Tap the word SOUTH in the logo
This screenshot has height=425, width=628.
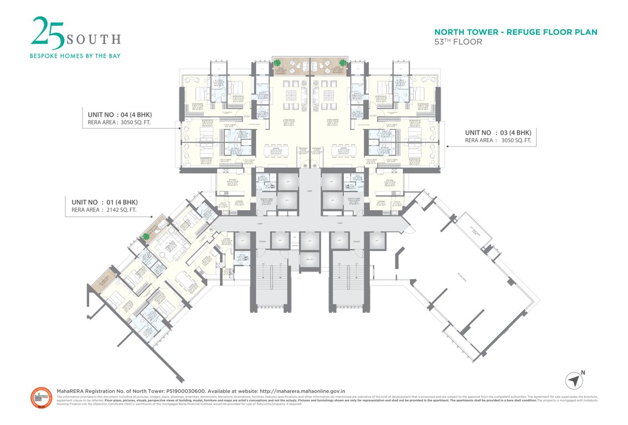point(93,39)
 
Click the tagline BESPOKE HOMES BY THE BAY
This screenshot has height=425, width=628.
point(75,55)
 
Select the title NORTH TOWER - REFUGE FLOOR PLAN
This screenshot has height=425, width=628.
point(516,32)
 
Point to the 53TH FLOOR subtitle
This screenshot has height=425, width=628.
point(458,42)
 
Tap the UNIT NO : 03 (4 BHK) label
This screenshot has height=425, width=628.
point(498,133)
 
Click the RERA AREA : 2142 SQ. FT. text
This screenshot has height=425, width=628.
point(104,210)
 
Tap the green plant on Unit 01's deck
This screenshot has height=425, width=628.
point(147,237)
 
